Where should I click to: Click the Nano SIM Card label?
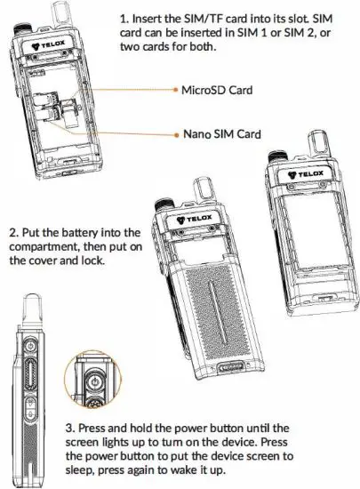223,133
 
